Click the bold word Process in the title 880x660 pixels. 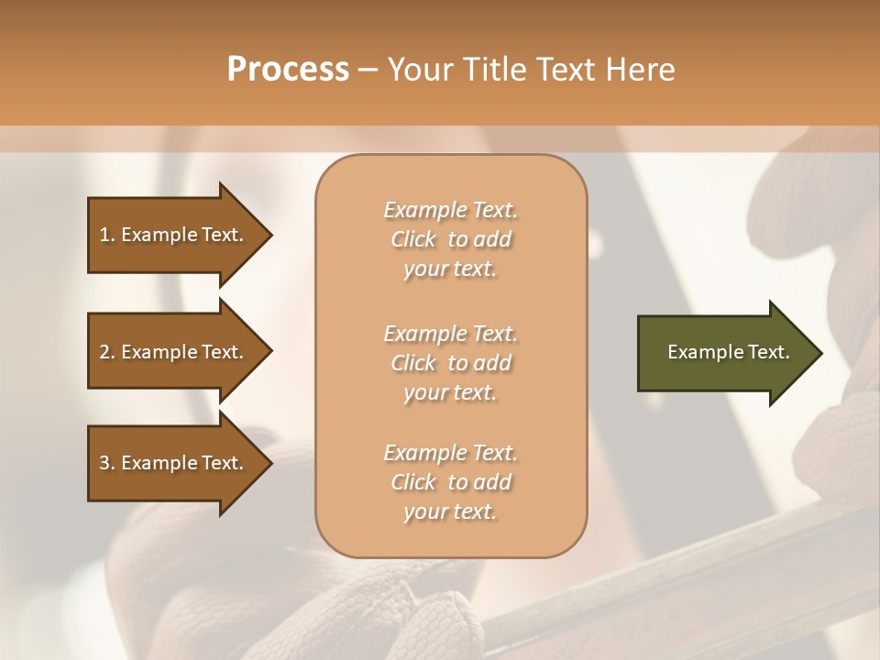coord(288,70)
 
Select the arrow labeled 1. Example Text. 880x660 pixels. coord(174,236)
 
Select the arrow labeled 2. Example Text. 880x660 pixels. coord(174,353)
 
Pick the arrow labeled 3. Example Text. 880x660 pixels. coord(174,464)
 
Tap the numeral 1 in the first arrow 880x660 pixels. coord(104,236)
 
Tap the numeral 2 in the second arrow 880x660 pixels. coord(104,353)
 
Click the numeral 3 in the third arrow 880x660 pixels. coord(104,464)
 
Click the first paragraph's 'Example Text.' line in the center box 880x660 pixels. coord(450,211)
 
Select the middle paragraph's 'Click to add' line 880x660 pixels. coord(450,364)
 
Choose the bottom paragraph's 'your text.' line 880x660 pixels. coord(450,512)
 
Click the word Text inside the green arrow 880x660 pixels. coord(768,353)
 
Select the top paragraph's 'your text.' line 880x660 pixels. coord(450,269)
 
